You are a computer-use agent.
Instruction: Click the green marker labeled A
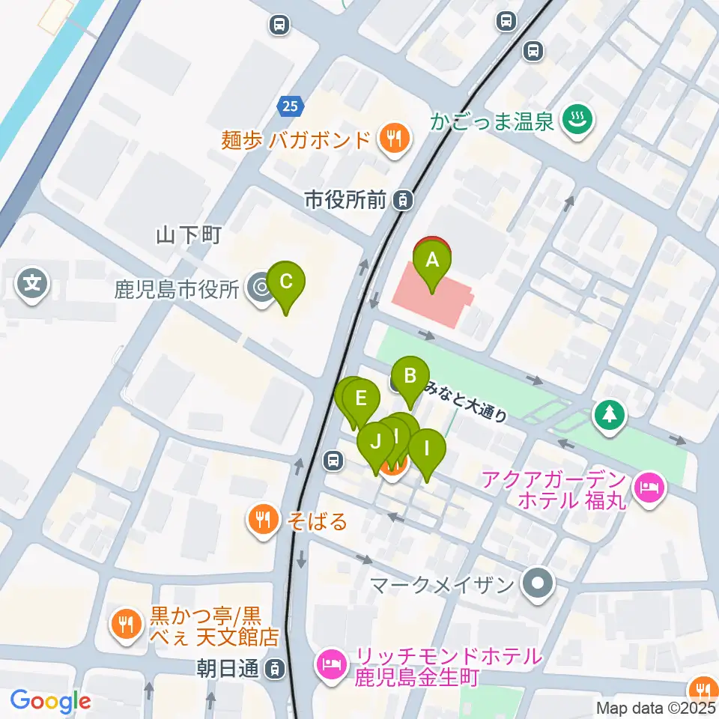[x=432, y=261]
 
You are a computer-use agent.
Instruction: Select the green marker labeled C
[x=286, y=282]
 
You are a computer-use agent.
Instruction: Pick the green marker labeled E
[x=361, y=398]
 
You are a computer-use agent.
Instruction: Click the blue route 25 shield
[x=290, y=106]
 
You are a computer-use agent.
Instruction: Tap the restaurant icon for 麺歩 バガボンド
[x=392, y=139]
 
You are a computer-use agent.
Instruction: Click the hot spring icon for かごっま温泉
[x=577, y=120]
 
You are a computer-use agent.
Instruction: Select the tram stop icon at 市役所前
[x=404, y=200]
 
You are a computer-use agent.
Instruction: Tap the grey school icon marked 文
[x=32, y=284]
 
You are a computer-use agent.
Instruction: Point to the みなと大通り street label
[x=464, y=402]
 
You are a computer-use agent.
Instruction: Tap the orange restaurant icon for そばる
[x=262, y=519]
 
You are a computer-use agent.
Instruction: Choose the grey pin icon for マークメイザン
[x=537, y=583]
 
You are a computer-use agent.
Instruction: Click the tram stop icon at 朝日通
[x=276, y=667]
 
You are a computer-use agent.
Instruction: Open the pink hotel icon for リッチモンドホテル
[x=330, y=664]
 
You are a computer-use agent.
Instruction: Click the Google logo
[x=51, y=701]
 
